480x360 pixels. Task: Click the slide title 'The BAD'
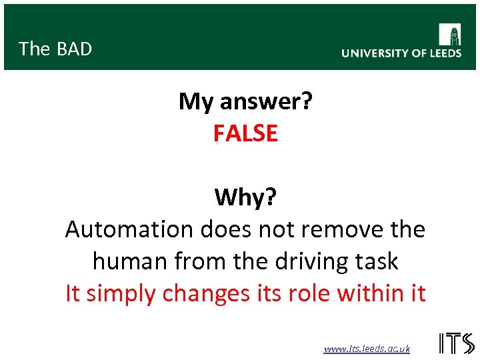[55, 49]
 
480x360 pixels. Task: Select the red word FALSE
[245, 133]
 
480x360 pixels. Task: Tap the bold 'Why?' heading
[245, 197]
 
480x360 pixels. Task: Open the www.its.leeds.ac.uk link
[367, 349]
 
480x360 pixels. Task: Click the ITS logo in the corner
[457, 343]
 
